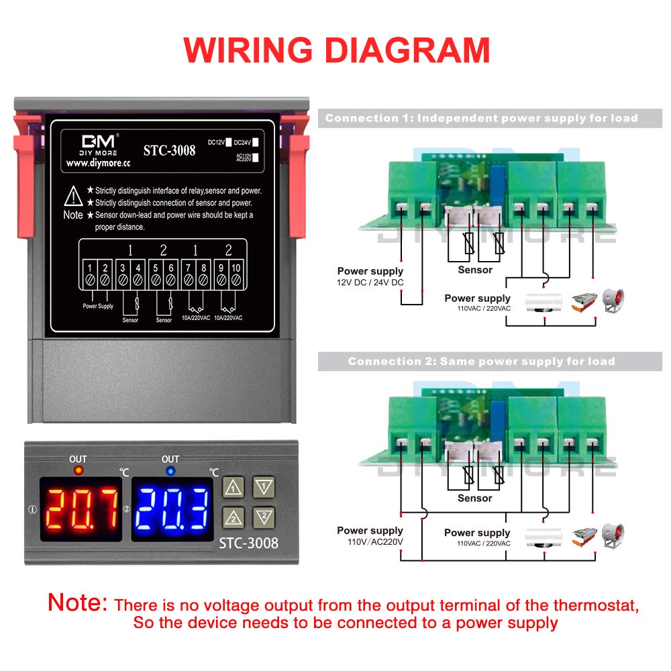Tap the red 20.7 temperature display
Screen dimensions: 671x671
[x=81, y=508]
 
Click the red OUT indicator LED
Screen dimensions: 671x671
[x=79, y=471]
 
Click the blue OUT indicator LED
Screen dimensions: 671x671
[x=170, y=471]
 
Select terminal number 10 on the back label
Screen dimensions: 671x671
[x=236, y=269]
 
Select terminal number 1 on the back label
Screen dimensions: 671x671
[x=91, y=269]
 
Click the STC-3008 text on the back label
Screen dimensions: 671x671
[x=169, y=150]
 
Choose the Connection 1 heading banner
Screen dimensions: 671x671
[x=481, y=118]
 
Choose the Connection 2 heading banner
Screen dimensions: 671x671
[x=481, y=361]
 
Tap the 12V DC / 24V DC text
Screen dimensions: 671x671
[x=370, y=282]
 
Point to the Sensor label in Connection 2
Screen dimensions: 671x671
[x=475, y=498]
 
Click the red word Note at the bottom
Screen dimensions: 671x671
[x=78, y=602]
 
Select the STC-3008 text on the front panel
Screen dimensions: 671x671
[x=248, y=542]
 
